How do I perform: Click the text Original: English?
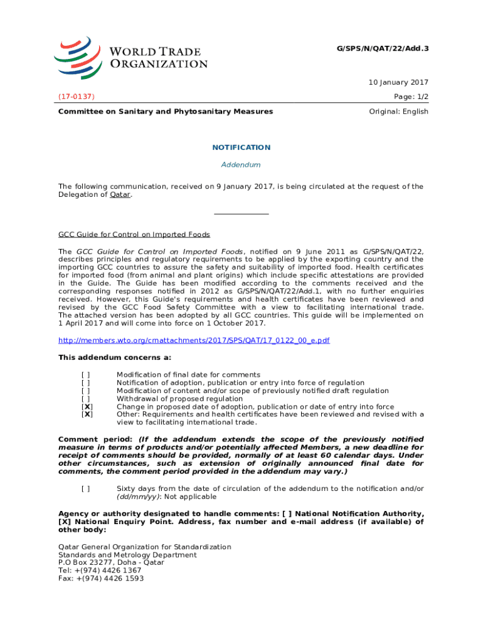398,112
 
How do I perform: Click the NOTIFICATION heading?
242,147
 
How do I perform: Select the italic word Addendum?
242,165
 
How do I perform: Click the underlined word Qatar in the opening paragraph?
120,194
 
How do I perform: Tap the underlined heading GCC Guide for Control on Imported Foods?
134,234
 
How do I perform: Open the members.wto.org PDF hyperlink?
194,340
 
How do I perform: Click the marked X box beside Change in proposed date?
87,407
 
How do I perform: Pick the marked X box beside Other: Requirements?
87,414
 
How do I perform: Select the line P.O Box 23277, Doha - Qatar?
111,562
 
